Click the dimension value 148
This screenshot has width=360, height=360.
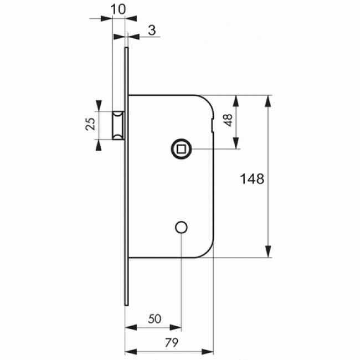pos(252,179)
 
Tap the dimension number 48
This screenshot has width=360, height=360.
pos(228,120)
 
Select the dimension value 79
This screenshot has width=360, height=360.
pos(172,343)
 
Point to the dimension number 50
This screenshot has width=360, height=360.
pos(155,319)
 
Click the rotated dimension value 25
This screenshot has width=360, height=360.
pos(90,124)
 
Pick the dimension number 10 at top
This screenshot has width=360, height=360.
pos(118,9)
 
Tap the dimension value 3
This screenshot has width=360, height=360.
pos(152,30)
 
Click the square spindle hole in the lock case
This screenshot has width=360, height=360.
pos(181,149)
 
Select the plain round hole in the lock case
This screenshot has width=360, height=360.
pos(181,227)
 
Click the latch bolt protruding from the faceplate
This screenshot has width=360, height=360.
pos(118,125)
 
